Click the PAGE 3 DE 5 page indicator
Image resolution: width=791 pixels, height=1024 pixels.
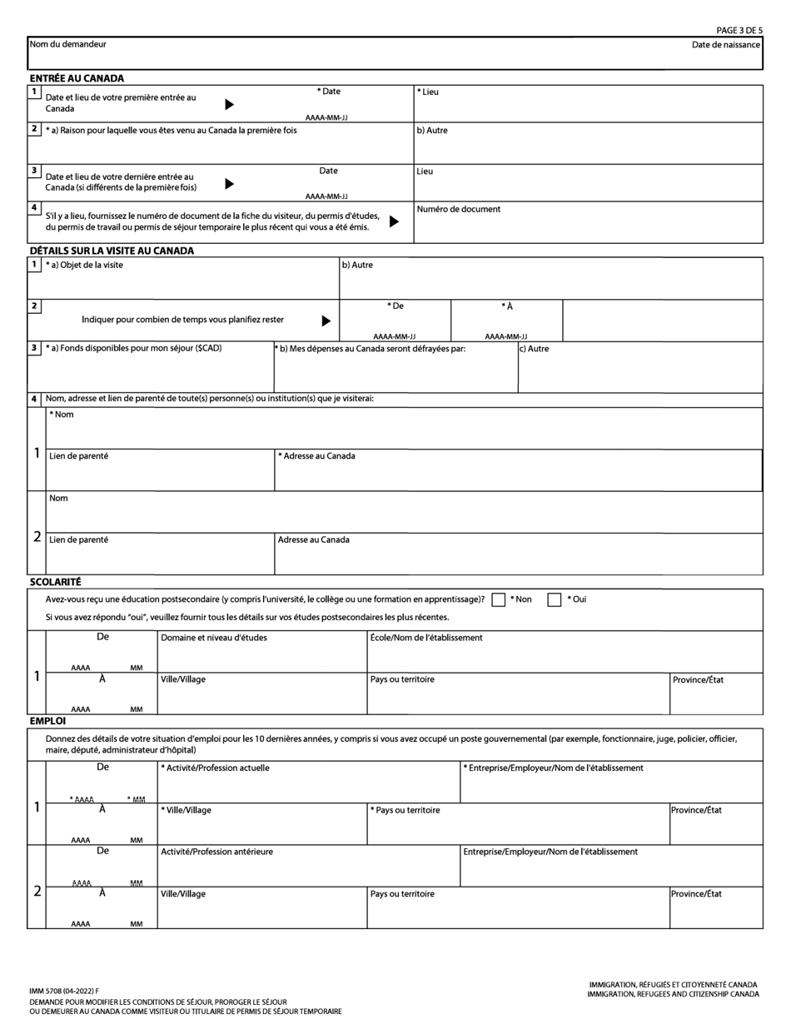point(739,30)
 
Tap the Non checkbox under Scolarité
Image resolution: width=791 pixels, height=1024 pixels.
point(499,599)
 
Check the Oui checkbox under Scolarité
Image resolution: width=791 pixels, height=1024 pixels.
point(554,599)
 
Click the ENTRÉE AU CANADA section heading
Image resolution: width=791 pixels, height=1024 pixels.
point(77,78)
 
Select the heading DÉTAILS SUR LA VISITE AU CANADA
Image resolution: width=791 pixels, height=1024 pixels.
point(112,251)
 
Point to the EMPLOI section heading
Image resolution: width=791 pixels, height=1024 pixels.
point(47,721)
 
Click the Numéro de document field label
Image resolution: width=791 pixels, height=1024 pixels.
point(459,210)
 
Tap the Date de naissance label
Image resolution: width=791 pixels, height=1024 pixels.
point(725,45)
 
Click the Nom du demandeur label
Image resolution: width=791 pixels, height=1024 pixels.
point(67,44)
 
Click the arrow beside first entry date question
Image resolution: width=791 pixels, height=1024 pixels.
point(230,104)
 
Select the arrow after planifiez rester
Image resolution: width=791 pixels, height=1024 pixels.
point(326,321)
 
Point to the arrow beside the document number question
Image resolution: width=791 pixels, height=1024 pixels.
point(395,221)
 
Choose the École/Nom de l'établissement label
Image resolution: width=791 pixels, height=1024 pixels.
point(426,638)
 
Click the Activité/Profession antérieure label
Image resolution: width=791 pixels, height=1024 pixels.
point(216,852)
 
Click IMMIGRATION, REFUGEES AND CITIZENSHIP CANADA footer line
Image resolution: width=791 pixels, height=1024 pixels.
point(673,994)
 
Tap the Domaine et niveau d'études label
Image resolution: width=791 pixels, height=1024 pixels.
point(214,638)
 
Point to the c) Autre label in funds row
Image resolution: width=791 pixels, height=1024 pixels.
point(534,349)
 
